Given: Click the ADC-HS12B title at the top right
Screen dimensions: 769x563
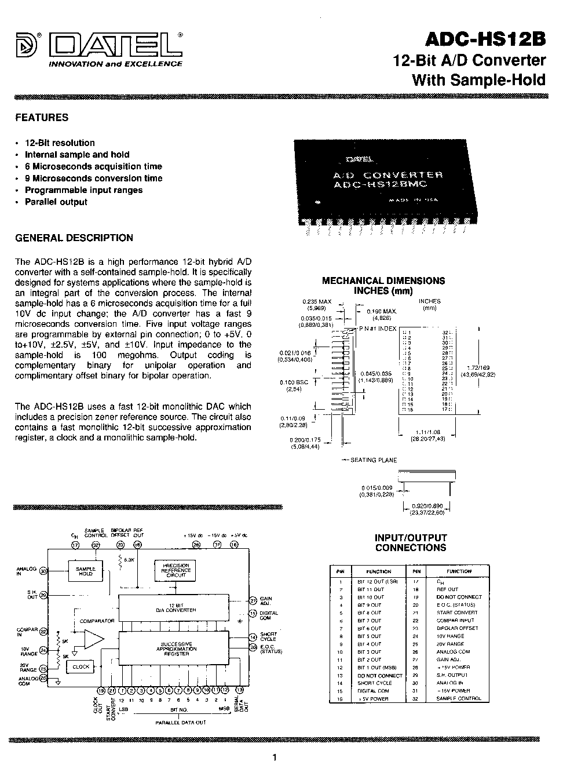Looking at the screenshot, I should tap(485, 39).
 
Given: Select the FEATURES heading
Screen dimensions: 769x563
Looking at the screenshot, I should tap(42, 118).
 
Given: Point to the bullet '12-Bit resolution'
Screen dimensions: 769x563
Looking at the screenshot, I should tap(60, 143).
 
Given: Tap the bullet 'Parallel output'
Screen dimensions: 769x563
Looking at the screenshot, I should tap(56, 202).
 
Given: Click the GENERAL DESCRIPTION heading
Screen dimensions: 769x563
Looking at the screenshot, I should tap(74, 238).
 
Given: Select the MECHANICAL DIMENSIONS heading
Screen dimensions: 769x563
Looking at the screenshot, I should tap(383, 281).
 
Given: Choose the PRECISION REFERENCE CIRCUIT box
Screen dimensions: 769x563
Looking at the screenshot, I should tap(176, 570).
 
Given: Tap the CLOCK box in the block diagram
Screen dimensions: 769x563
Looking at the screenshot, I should tap(81, 667).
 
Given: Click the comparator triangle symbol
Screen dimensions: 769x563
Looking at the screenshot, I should tap(93, 639).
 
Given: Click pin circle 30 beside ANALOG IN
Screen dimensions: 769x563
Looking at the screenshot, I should tap(43, 571).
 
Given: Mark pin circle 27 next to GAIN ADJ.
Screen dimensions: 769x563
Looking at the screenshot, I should tap(253, 600).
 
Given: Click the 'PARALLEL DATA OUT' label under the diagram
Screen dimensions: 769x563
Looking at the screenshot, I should tap(181, 723).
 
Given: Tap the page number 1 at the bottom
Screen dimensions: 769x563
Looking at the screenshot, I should tap(275, 757).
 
